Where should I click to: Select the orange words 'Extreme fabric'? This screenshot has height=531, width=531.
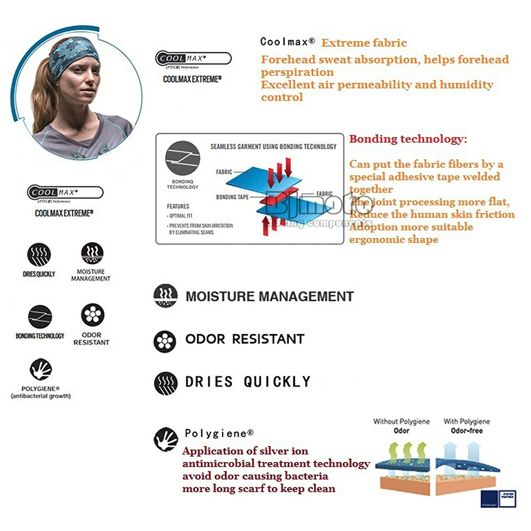click(x=364, y=43)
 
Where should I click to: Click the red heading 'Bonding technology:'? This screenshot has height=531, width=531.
click(x=408, y=139)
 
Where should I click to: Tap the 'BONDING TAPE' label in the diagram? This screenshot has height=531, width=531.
click(x=232, y=197)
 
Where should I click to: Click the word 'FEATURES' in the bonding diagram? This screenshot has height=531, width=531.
click(x=178, y=206)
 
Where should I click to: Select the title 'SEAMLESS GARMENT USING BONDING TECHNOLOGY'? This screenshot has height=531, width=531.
click(x=273, y=147)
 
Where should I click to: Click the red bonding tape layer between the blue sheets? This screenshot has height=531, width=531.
click(x=276, y=199)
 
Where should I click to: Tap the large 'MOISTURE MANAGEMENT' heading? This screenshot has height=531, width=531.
click(x=269, y=296)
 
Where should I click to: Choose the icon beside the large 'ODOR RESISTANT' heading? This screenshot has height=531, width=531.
click(x=165, y=341)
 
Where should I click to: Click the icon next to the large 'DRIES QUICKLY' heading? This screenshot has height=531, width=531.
click(x=165, y=383)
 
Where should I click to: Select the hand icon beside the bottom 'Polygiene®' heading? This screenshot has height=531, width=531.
click(x=165, y=439)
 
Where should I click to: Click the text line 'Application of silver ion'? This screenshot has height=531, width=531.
click(x=245, y=451)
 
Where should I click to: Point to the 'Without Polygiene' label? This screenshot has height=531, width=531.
click(x=401, y=422)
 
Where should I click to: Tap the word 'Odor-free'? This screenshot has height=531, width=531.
click(x=467, y=431)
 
